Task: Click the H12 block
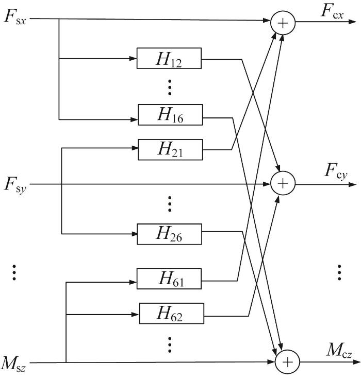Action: pyautogui.click(x=169, y=58)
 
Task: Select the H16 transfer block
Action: pyautogui.click(x=170, y=115)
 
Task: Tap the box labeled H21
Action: pyautogui.click(x=170, y=149)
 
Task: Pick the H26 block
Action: pyautogui.click(x=169, y=234)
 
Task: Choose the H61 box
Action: pyautogui.click(x=169, y=279)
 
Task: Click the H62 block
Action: pyautogui.click(x=171, y=313)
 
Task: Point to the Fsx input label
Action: pyautogui.click(x=15, y=18)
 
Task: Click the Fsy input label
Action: pyautogui.click(x=15, y=185)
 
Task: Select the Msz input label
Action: pyautogui.click(x=13, y=364)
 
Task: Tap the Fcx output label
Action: pyautogui.click(x=332, y=11)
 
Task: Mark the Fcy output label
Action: pyautogui.click(x=336, y=171)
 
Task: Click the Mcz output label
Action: pyautogui.click(x=339, y=350)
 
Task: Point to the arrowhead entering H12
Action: pyautogui.click(x=133, y=58)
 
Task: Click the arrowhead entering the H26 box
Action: pyautogui.click(x=134, y=234)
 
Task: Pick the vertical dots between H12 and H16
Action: pyautogui.click(x=170, y=87)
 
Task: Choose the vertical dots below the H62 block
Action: pyautogui.click(x=170, y=344)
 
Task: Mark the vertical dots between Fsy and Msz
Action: pyautogui.click(x=14, y=272)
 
